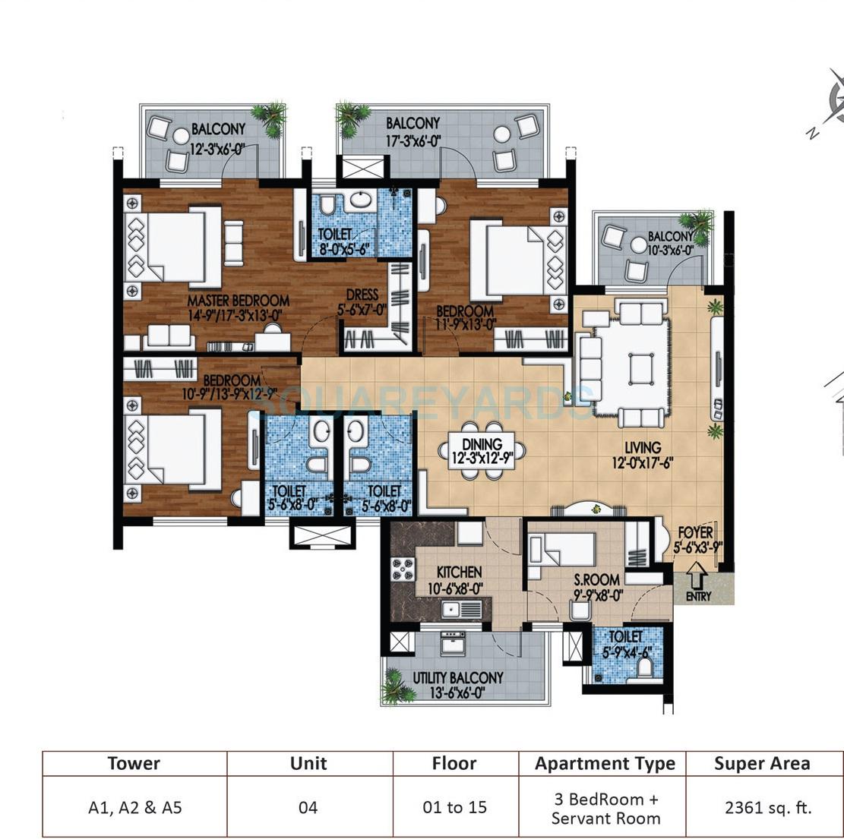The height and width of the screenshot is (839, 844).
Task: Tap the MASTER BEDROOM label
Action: click(239, 300)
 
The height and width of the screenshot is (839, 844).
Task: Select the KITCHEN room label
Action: click(458, 572)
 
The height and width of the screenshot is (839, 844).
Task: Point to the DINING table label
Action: click(482, 445)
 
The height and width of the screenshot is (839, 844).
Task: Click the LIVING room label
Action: click(643, 448)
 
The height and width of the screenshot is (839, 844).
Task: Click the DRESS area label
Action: click(363, 295)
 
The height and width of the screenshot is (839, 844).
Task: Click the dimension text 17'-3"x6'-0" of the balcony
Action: click(413, 140)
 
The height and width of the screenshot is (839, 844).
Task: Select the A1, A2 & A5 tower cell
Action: click(134, 807)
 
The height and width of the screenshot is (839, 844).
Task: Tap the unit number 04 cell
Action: click(308, 807)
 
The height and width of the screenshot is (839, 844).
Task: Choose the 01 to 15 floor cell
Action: click(454, 807)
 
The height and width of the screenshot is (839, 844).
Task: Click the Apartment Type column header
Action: click(605, 764)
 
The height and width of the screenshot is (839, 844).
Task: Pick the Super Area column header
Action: click(761, 764)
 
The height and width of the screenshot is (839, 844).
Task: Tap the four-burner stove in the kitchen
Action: click(403, 569)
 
